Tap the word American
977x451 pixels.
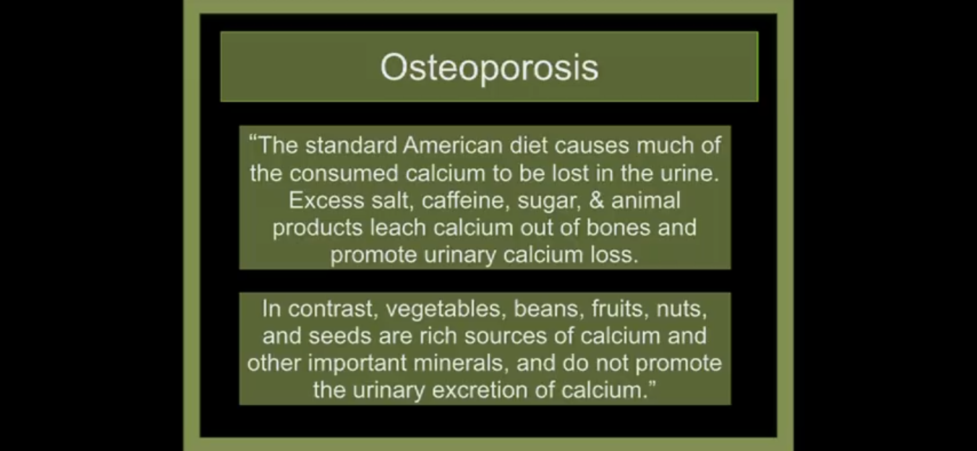click(x=452, y=145)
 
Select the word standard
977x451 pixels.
click(x=351, y=145)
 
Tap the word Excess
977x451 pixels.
click(x=326, y=200)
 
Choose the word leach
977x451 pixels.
click(x=398, y=227)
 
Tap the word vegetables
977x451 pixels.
click(x=443, y=309)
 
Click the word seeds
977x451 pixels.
click(x=340, y=336)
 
